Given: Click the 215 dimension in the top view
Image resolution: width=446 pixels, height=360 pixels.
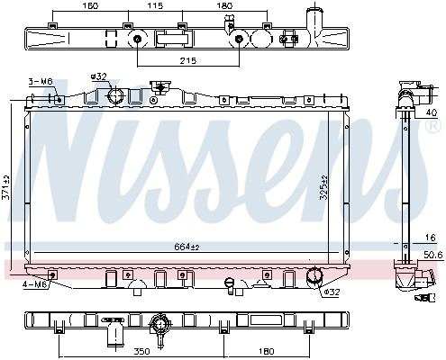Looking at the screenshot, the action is pos(188,61).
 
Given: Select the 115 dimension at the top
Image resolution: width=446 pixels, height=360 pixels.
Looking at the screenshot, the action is pos(155,5).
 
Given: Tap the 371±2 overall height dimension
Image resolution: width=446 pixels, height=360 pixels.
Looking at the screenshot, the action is pos(6,187).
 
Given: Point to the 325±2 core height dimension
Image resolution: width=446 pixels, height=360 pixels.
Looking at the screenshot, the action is pos(323,187).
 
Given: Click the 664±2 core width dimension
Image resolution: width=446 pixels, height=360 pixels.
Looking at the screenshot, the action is pos(187,247).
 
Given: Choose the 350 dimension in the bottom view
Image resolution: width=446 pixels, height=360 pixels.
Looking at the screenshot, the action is pos(141,351).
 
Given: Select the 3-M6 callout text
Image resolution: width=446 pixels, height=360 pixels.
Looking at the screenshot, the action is pos(41,81).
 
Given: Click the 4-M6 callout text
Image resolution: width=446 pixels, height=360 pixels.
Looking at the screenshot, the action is pos(35,284).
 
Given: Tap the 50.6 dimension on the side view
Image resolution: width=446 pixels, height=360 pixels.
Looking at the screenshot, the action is pos(433,255).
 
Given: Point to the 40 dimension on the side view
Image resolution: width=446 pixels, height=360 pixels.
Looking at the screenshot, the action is pos(432,112).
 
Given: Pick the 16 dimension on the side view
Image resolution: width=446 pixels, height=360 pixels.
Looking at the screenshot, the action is pos(431,238).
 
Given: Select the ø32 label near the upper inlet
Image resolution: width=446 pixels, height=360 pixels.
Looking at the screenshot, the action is pos(99,76).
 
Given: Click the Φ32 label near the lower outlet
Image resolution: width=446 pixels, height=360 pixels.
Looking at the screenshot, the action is pos(331,292).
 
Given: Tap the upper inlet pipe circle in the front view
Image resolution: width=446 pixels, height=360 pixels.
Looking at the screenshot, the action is pos(116,95).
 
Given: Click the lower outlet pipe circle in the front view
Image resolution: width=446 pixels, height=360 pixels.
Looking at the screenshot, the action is pos(314,275).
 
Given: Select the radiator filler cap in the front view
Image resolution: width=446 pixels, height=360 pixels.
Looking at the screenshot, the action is pos(160,87).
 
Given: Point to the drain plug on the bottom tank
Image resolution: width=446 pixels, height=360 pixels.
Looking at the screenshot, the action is pos(230,285).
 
